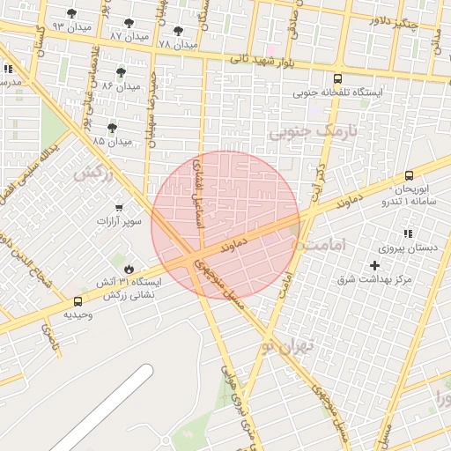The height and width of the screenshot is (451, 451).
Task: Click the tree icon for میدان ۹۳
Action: (x=71, y=14)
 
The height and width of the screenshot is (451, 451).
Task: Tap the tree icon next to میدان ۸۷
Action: (x=129, y=23)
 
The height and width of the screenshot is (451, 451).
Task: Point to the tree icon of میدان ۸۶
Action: (x=121, y=72)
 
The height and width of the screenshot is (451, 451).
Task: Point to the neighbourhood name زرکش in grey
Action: (x=93, y=174)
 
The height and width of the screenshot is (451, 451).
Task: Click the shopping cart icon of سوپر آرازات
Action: (x=119, y=208)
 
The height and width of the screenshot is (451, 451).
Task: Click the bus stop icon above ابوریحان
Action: (x=409, y=176)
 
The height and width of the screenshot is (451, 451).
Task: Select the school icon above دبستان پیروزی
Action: (x=408, y=234)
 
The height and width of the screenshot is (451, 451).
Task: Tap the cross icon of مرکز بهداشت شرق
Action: (x=375, y=265)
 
